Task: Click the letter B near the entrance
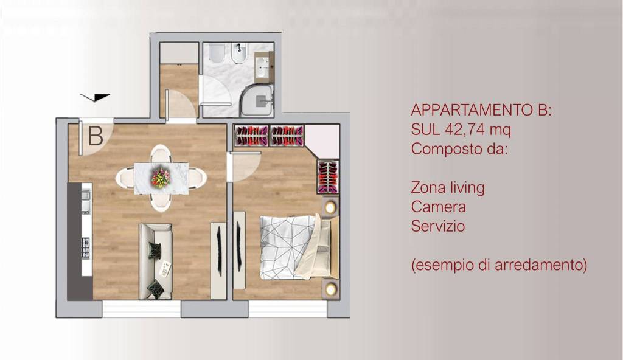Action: click(96, 136)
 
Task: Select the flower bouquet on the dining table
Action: click(161, 178)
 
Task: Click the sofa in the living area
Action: click(156, 261)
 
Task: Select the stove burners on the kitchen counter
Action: click(85, 248)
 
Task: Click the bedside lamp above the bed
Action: click(330, 207)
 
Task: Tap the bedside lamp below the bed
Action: click(330, 288)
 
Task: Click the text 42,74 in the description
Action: click(461, 130)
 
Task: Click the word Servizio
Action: click(438, 226)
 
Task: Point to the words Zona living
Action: click(448, 187)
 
